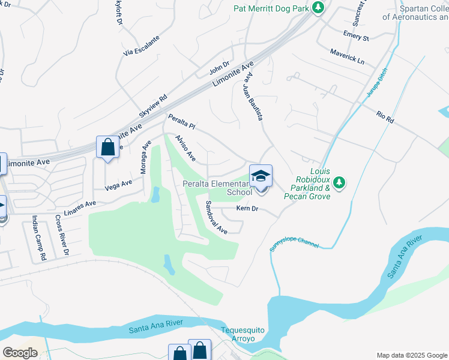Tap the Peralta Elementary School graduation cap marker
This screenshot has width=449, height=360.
click(x=261, y=176)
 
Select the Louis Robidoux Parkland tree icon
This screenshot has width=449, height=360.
click(x=339, y=181)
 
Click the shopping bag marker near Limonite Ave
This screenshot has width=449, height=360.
click(x=107, y=147)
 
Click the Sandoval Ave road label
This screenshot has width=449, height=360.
click(x=216, y=217)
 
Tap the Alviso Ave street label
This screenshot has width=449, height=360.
click(x=185, y=148)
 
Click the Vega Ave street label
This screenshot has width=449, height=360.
click(x=118, y=185)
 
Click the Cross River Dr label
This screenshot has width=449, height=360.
click(x=62, y=236)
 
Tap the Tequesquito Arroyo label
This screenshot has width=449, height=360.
click(x=242, y=334)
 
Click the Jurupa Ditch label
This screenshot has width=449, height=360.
click(x=376, y=83)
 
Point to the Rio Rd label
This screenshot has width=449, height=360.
click(x=385, y=117)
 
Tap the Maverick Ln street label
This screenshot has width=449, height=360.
click(x=347, y=57)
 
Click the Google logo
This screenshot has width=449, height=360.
click(x=20, y=353)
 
